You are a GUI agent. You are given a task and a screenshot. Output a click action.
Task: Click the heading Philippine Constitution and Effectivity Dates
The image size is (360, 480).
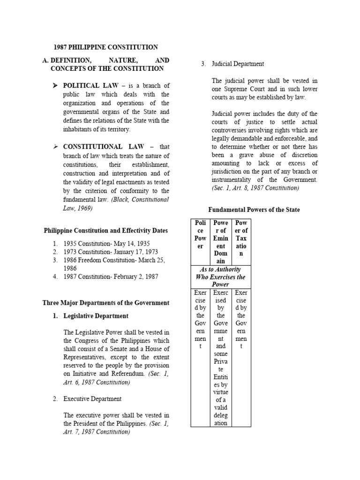(x=105, y=231)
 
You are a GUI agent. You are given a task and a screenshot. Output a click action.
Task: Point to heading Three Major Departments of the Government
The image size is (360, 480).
(x=106, y=303)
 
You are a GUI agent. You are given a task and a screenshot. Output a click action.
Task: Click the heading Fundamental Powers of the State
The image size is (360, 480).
(x=254, y=210)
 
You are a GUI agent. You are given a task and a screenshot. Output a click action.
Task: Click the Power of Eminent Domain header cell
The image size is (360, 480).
(x=220, y=241)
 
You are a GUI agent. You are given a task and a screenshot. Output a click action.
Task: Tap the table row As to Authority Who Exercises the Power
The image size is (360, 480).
(x=220, y=277)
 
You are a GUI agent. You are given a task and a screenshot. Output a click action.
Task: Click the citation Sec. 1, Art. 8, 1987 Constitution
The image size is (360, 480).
(x=255, y=188)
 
